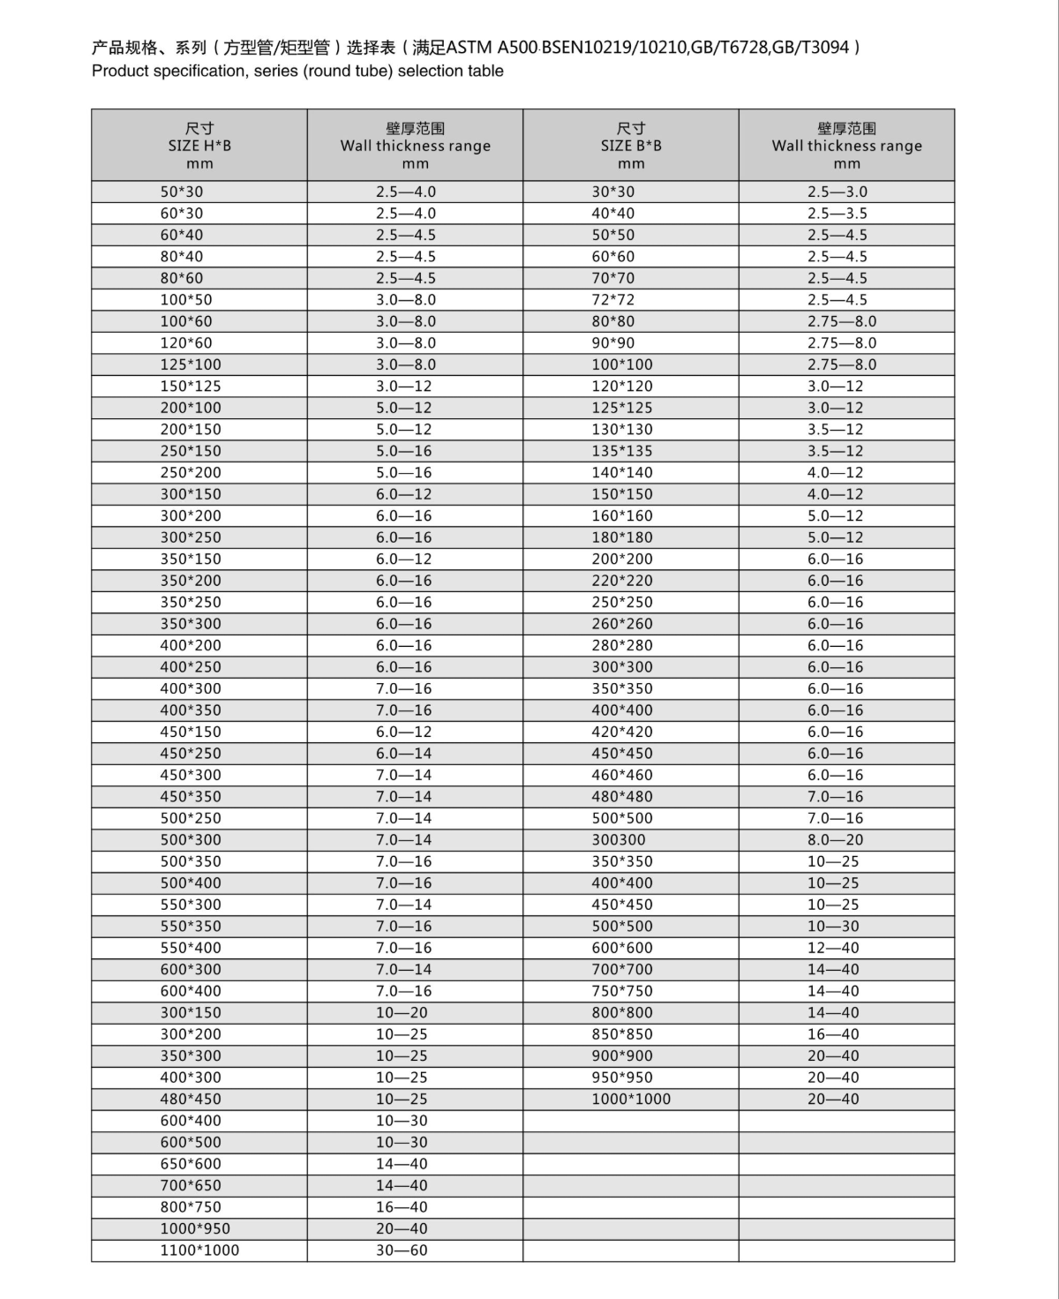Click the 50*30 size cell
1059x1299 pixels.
pos(181,191)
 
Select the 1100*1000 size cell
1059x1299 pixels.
pos(199,1250)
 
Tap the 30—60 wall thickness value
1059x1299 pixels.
pos(402,1250)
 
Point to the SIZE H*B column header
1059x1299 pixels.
pos(199,146)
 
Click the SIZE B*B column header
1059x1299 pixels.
pos(631,146)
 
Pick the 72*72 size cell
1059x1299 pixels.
pos(612,300)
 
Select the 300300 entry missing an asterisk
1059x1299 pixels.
pos(618,840)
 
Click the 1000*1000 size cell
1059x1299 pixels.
pos(631,1099)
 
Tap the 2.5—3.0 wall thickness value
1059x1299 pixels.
pos(837,191)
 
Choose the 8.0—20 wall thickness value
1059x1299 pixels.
pos(835,840)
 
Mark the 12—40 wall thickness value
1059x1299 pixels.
pos(833,948)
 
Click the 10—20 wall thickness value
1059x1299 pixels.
pos(402,1012)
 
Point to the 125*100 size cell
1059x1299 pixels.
pos(191,364)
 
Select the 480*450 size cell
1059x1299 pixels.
pos(191,1099)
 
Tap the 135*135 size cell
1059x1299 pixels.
pos(622,451)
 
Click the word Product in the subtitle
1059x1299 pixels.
pos(120,71)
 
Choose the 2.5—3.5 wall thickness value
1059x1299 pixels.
pos(837,214)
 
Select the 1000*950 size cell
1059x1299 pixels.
pos(195,1228)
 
